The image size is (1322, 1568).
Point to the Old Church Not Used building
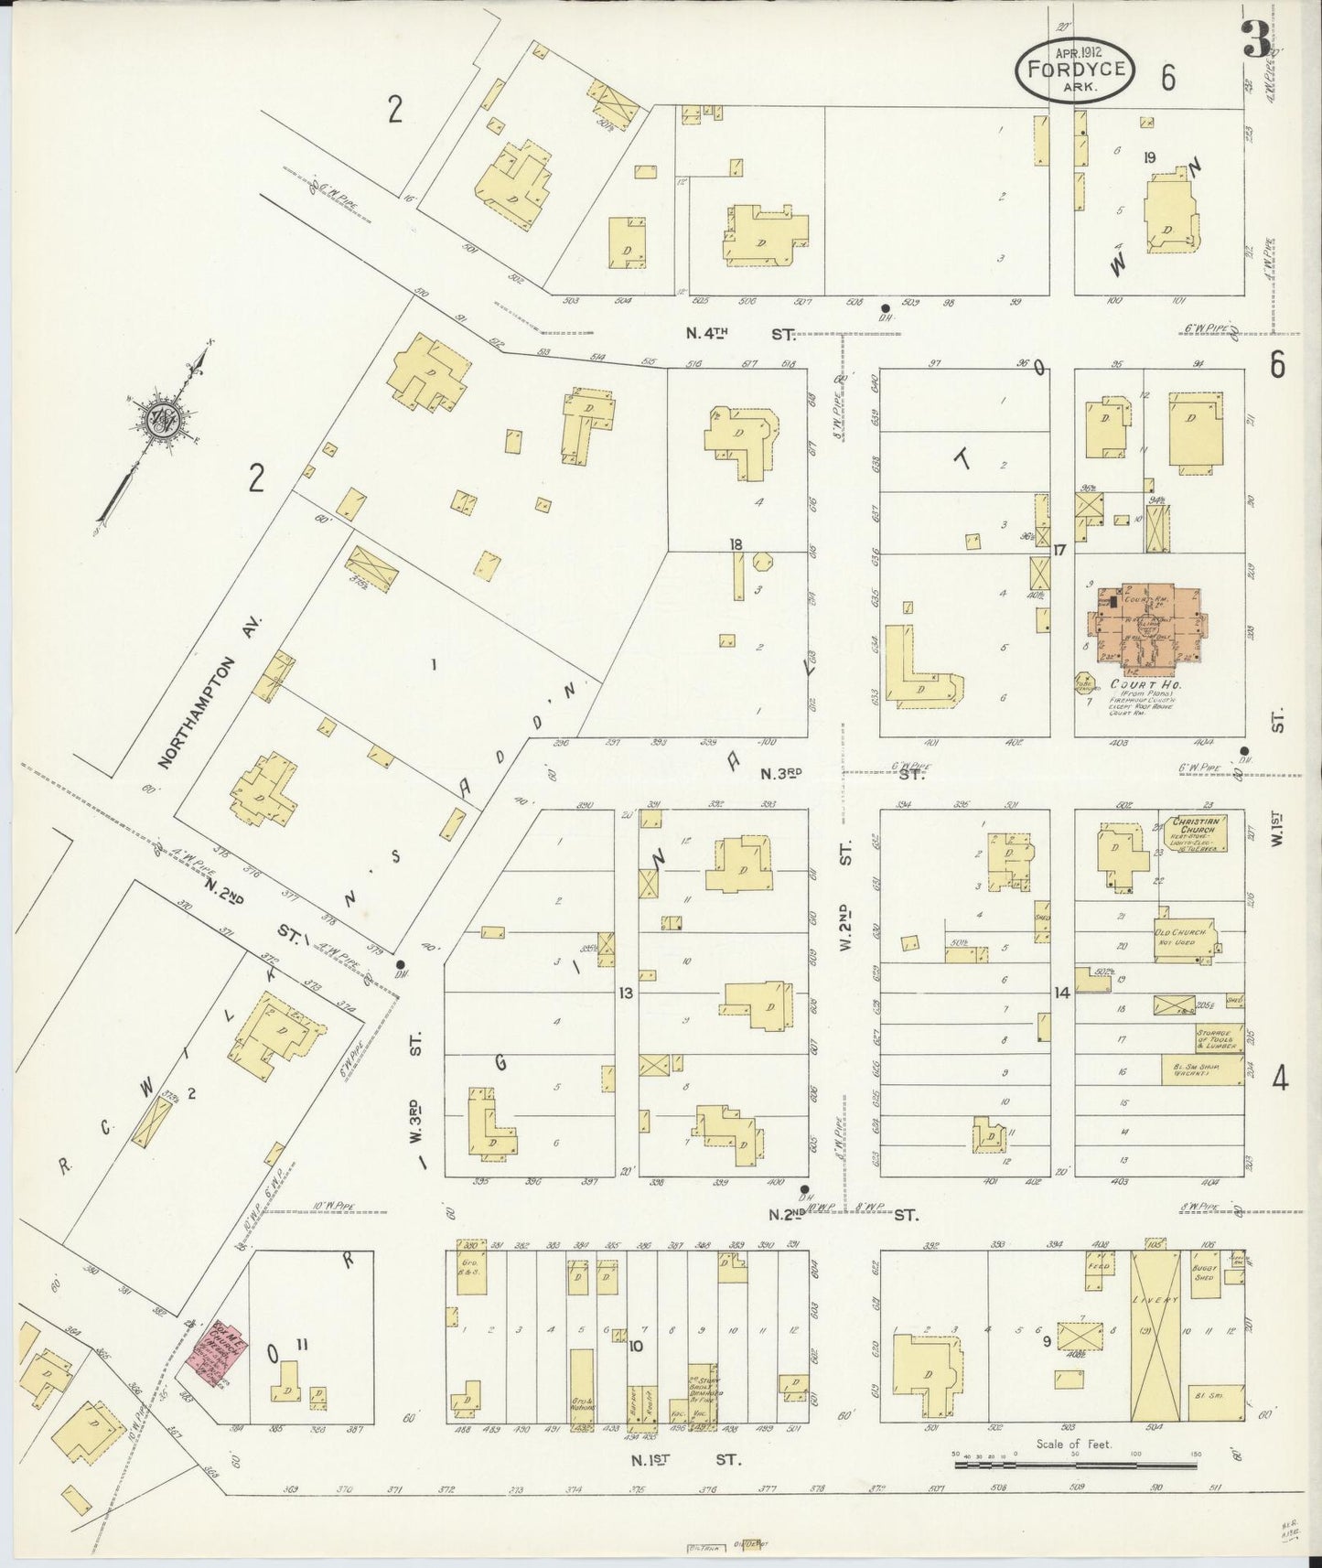1184,942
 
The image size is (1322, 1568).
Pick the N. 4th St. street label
739,336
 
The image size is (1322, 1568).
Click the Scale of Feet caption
1073,1445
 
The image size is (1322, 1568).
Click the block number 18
736,544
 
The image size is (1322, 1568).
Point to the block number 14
1061,993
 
